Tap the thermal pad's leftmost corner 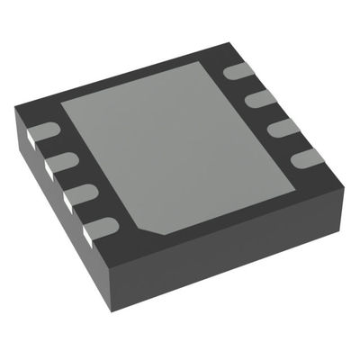click(61, 102)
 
